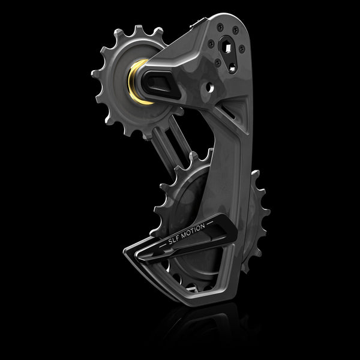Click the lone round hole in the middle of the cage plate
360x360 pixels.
pyautogui.click(x=209, y=89)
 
